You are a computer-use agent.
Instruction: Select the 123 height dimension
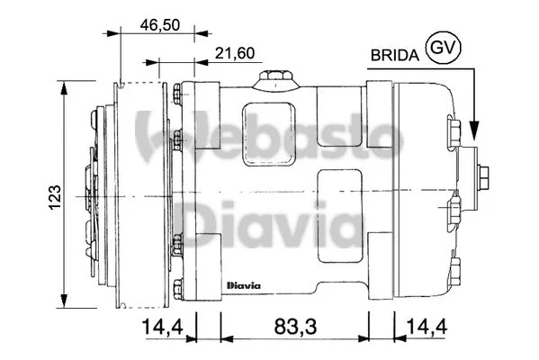point(55,193)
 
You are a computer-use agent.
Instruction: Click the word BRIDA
point(394,55)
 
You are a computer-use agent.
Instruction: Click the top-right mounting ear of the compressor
point(379,99)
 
